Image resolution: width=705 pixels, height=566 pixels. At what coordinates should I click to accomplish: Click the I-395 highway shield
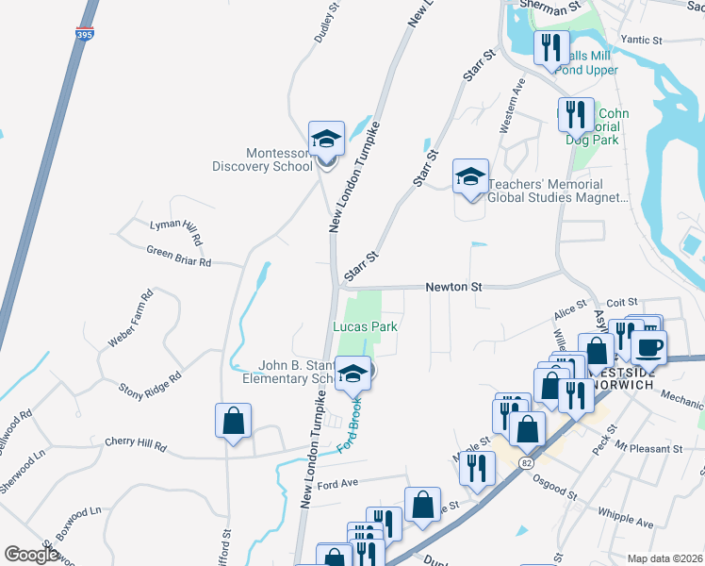tap(85, 35)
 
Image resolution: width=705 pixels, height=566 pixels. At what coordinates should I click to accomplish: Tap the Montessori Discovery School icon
tap(326, 140)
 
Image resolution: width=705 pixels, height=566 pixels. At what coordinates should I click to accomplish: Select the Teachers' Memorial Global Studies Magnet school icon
tap(470, 176)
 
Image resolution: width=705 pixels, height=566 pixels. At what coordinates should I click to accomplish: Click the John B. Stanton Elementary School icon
tap(352, 376)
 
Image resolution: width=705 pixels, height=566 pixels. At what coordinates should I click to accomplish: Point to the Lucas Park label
tap(365, 326)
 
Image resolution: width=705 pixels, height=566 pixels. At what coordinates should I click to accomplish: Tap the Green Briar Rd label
tap(178, 256)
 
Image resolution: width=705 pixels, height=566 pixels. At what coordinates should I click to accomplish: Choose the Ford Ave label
tap(338, 485)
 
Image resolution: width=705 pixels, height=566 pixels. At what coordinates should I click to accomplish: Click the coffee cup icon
tap(648, 346)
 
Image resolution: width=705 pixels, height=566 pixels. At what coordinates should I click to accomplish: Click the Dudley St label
tap(323, 28)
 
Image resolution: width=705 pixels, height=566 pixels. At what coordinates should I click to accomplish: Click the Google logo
tap(31, 555)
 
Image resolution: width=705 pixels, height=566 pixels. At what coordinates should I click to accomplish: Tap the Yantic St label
tap(642, 41)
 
